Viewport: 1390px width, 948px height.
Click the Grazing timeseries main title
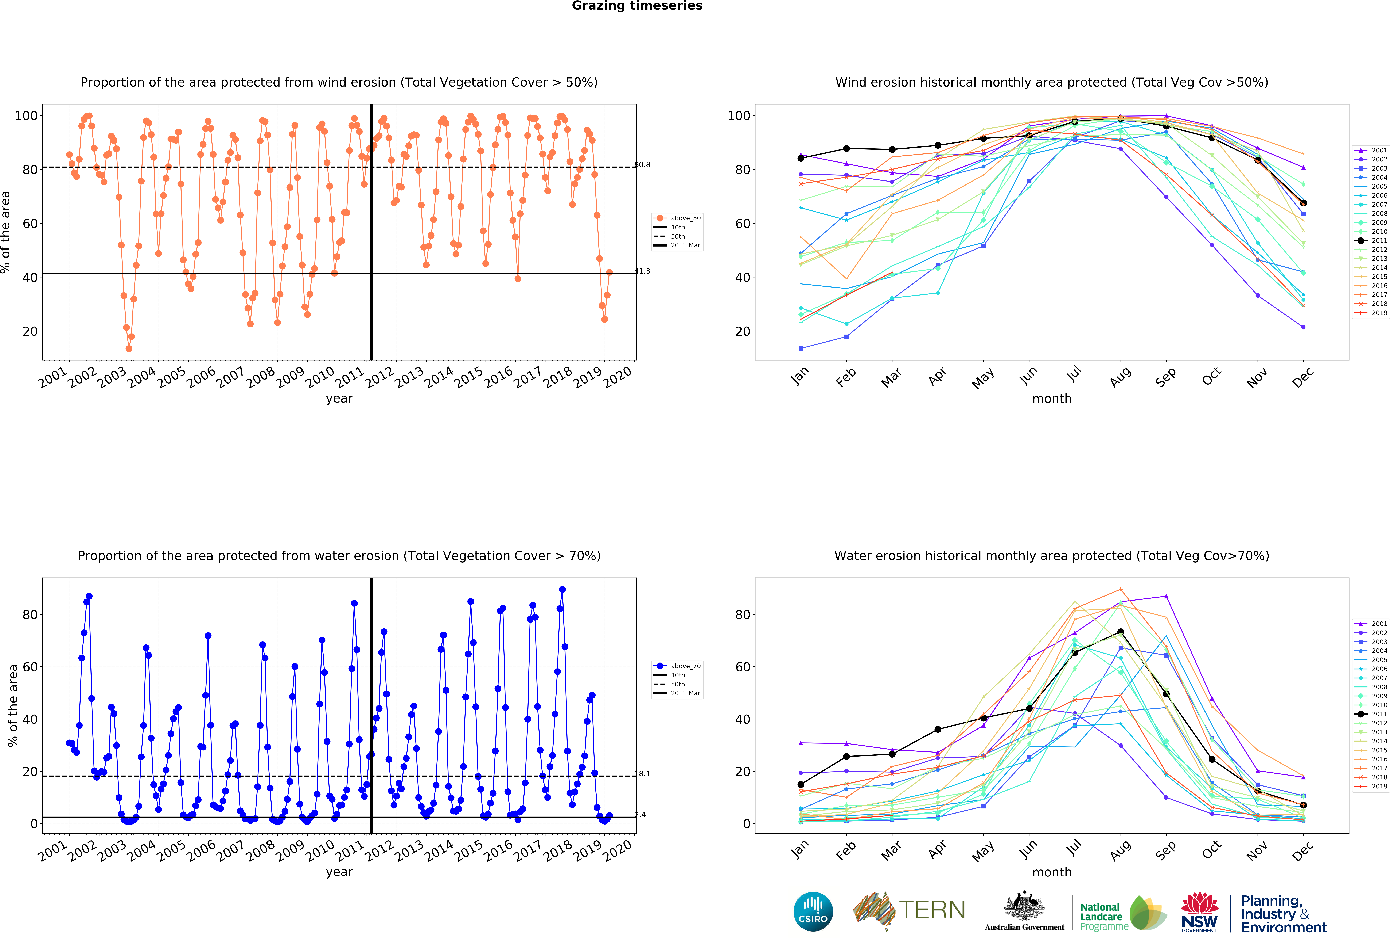pos(637,6)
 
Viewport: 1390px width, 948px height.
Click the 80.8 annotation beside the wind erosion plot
pos(642,165)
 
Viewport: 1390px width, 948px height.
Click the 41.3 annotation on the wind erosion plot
pos(642,271)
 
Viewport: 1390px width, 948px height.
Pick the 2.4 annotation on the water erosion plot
pos(640,815)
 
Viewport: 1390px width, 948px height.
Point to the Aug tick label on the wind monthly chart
pos(1120,377)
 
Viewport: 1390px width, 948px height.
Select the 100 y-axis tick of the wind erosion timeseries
pos(26,115)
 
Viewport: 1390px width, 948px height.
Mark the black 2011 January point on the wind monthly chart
pos(801,158)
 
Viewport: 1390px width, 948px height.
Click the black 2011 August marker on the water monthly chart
pos(1120,632)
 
